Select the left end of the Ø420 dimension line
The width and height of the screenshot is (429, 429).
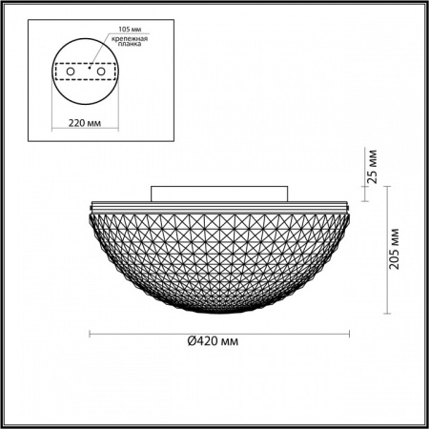click(x=89, y=333)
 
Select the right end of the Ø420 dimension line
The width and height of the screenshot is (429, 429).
click(x=349, y=333)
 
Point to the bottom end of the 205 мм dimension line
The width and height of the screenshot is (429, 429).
click(x=386, y=314)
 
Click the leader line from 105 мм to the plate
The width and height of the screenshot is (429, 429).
click(x=101, y=44)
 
